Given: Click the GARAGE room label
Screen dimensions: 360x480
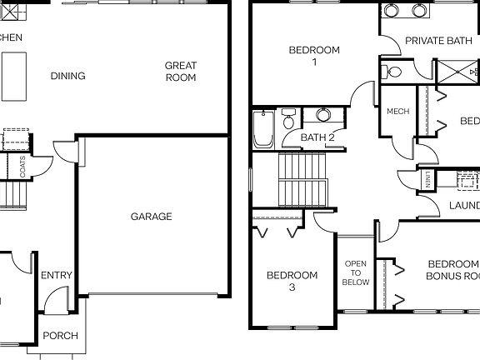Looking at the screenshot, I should (x=151, y=217).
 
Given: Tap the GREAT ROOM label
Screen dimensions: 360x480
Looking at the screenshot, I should (x=180, y=71).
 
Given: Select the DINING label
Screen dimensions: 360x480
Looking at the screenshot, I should (x=67, y=77).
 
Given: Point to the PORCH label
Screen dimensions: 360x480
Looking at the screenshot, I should (x=60, y=336).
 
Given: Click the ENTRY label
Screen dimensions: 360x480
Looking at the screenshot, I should (x=56, y=276).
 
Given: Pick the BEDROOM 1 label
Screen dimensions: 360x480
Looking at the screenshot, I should (x=314, y=56).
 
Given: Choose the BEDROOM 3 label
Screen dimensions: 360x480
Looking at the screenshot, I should (x=292, y=281).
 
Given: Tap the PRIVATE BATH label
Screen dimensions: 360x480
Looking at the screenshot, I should (x=438, y=41).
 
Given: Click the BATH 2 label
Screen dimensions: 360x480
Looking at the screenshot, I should (x=317, y=137).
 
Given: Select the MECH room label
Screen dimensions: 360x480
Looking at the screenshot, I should (x=397, y=112).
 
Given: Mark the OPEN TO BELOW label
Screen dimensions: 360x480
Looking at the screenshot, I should (x=356, y=272).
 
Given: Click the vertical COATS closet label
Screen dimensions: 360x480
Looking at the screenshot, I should (x=22, y=167).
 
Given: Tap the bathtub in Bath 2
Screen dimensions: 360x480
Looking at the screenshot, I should (x=263, y=130).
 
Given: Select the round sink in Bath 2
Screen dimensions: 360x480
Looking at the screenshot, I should (x=321, y=115).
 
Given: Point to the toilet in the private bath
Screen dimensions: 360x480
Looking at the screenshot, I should (x=393, y=72).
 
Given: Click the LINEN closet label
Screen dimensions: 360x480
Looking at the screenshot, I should (x=427, y=180).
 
